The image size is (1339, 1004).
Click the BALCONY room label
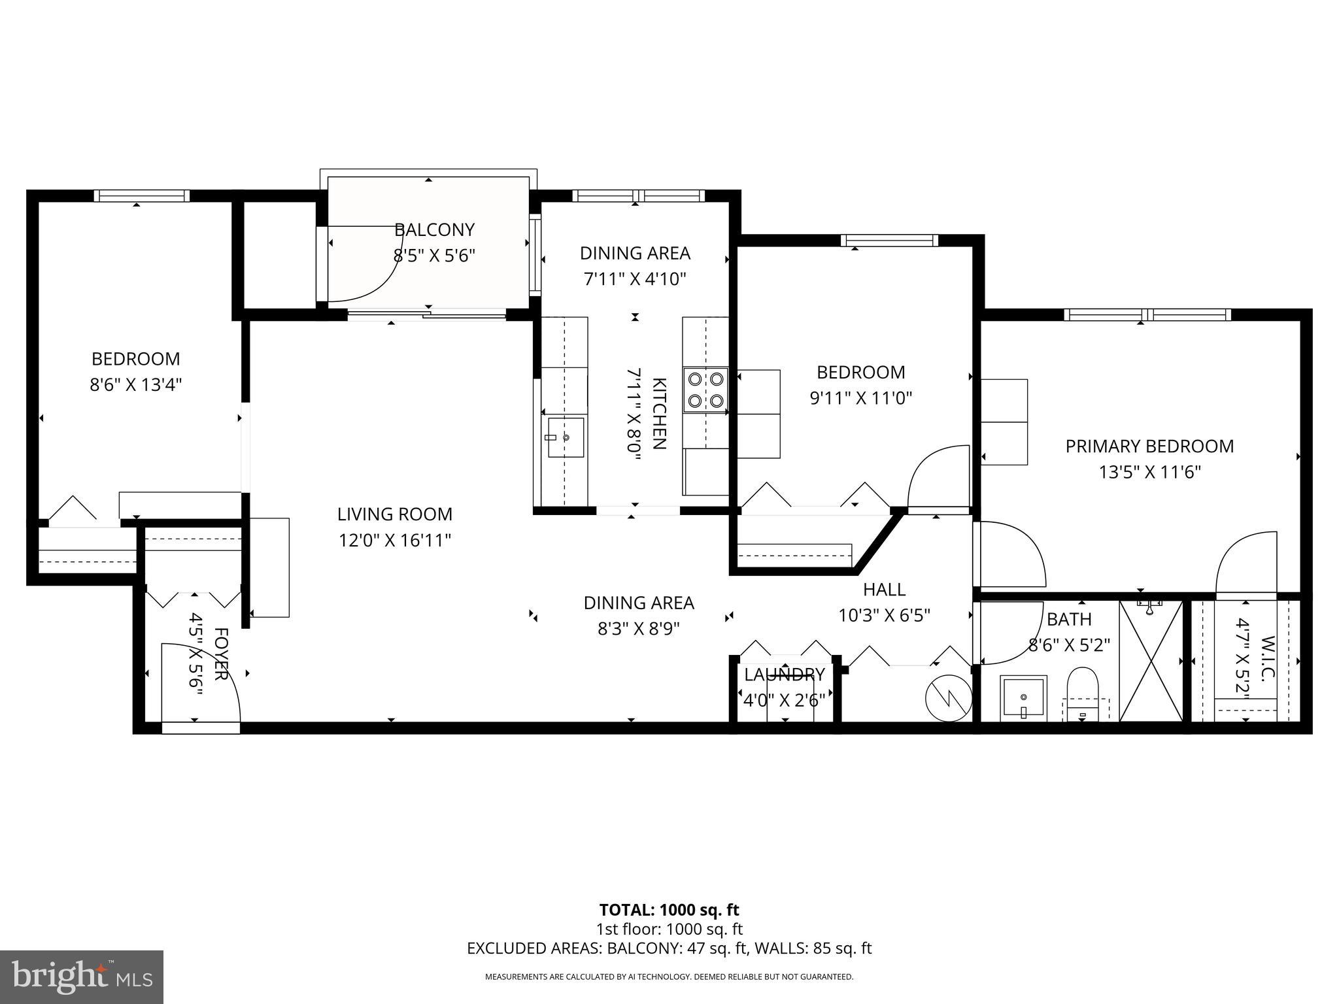coord(434,229)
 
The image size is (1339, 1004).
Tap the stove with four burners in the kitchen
coord(705,390)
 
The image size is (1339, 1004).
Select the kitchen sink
coord(566,437)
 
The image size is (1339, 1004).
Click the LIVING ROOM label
coord(394,514)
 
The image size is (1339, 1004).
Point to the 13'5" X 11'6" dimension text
coord(1149,472)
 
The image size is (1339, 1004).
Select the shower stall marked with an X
coord(1151,660)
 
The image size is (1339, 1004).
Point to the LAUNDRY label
coord(784,675)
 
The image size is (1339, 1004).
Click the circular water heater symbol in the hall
coord(948,699)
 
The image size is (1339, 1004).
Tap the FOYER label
coord(221,654)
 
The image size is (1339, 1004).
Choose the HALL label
coord(884,590)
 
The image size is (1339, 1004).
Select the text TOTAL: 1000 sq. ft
coord(669,910)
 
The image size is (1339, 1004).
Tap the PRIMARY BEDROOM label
coord(1149,446)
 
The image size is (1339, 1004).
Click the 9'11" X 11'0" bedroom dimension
coord(860,398)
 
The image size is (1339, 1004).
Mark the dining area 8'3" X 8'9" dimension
coord(638,629)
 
